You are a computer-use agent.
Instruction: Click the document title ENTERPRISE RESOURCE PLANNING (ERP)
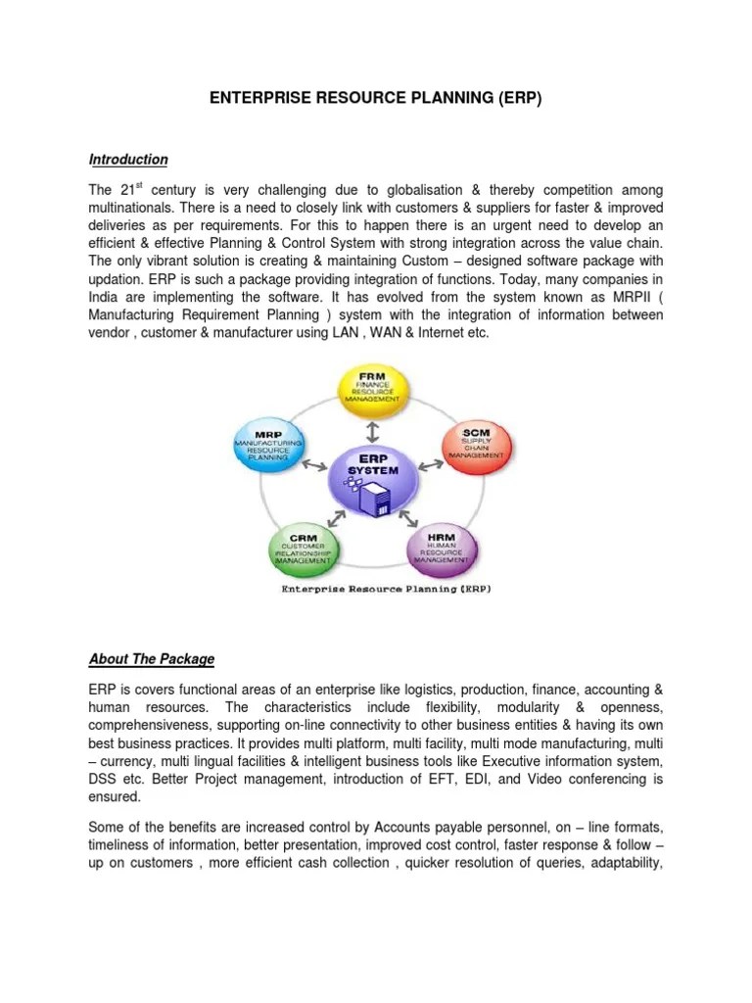tap(375, 100)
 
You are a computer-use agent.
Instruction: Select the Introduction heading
tap(128, 160)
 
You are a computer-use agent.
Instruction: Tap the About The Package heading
tap(151, 658)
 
